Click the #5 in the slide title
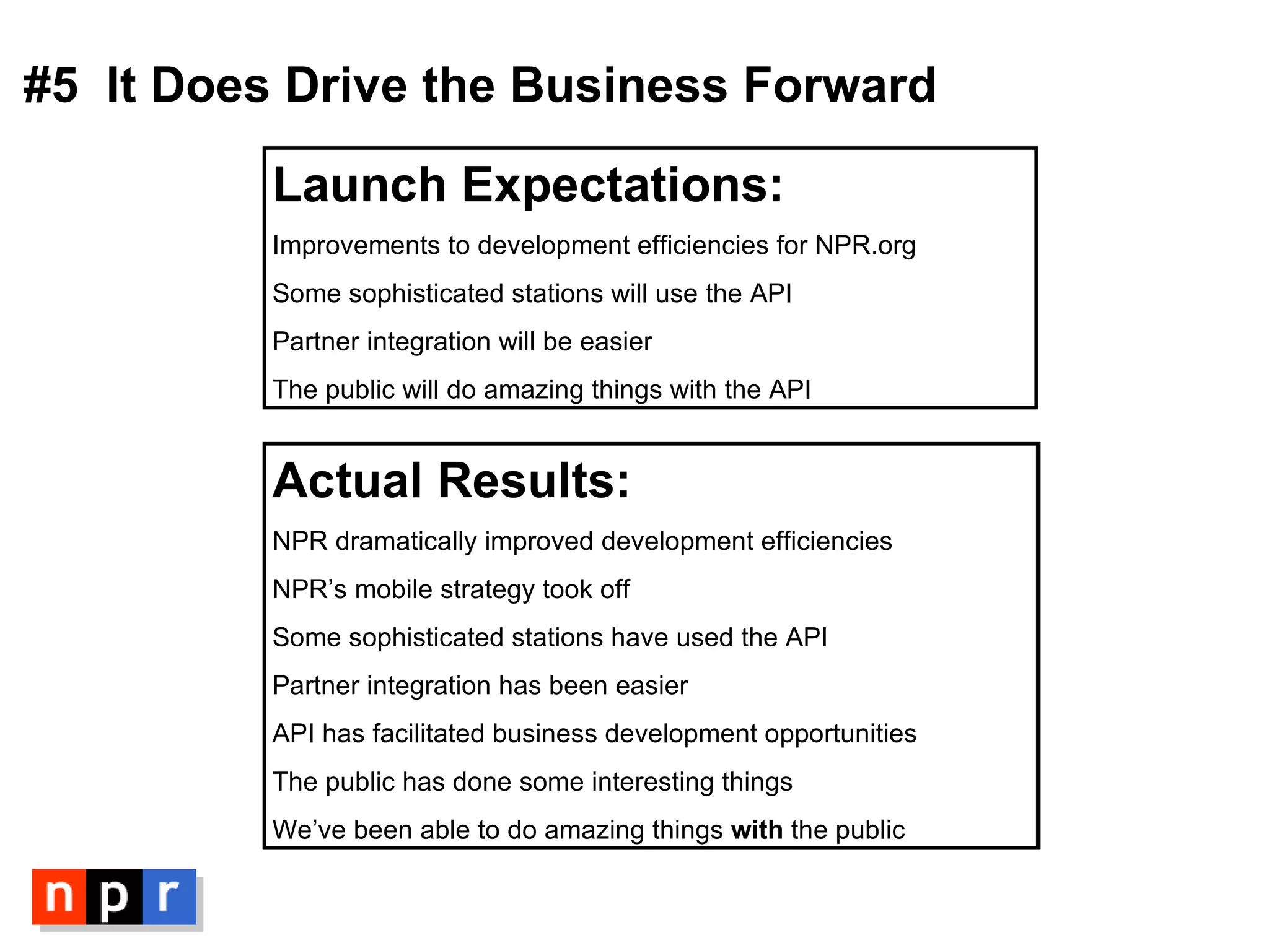coord(51,85)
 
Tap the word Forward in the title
coord(839,85)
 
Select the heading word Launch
coord(359,185)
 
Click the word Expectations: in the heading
coord(622,186)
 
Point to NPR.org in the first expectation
coord(865,246)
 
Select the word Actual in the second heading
coord(348,480)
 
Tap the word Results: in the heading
coord(534,480)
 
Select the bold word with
coord(757,830)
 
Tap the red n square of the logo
coord(59,897)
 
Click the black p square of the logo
coord(114,897)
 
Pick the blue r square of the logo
coord(169,897)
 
